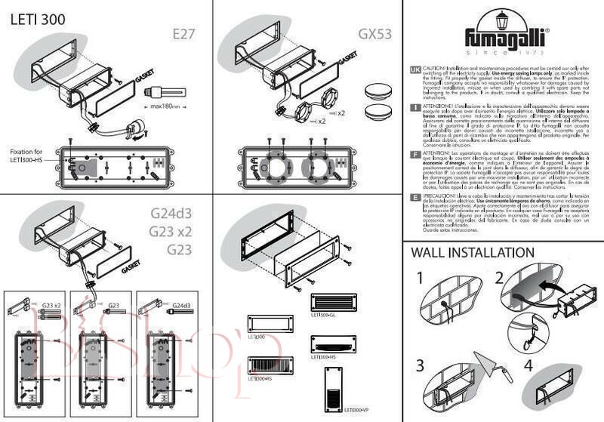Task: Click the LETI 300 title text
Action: (37, 17)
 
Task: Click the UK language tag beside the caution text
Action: (414, 69)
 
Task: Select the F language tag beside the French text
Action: (414, 153)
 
